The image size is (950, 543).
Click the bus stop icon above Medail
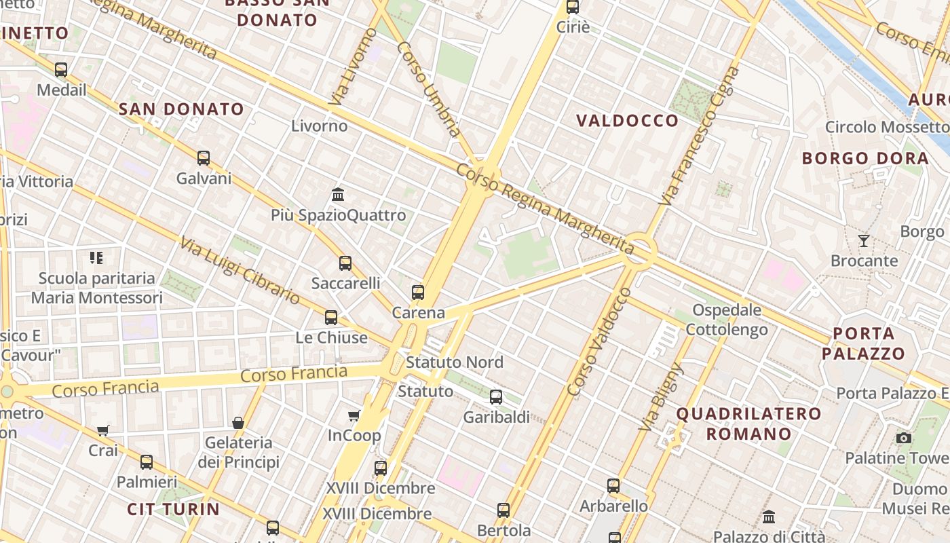point(61,69)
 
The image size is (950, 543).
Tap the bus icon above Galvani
point(204,158)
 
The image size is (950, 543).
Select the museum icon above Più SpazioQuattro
point(338,195)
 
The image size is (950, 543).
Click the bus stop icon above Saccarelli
point(345,263)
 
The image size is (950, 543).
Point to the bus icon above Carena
point(418,293)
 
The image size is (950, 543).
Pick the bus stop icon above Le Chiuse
point(331,317)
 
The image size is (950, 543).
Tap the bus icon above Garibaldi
point(496,397)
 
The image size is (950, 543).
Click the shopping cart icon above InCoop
point(354,415)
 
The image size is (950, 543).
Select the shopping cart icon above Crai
point(102,430)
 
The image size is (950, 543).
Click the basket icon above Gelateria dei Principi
point(238,423)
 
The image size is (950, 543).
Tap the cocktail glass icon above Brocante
point(864,240)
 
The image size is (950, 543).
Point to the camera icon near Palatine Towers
point(903,438)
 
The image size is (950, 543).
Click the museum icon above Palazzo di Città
point(768,517)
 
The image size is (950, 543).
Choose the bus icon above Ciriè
point(573,7)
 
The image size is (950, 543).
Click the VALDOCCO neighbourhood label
point(627,121)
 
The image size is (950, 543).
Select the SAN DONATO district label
point(181,109)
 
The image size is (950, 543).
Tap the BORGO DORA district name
point(865,159)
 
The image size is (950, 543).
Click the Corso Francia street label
point(294,374)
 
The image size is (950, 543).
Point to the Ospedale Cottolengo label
point(727,320)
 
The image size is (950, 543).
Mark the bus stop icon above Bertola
point(503,510)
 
